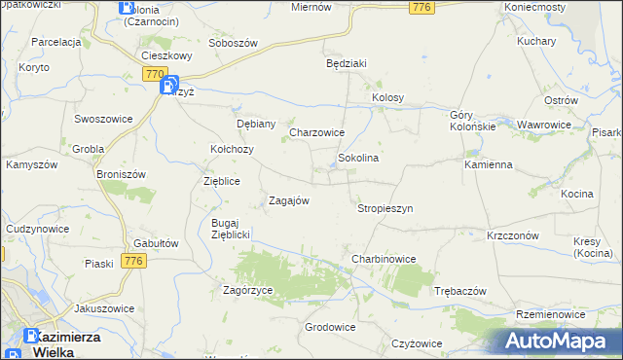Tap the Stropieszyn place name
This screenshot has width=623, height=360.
(x=385, y=208)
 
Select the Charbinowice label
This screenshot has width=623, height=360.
(x=384, y=259)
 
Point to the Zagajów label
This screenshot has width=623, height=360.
(x=288, y=200)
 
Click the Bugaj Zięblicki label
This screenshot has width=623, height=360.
(x=232, y=229)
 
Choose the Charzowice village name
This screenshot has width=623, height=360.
(x=317, y=132)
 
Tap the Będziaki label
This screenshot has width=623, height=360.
(x=346, y=63)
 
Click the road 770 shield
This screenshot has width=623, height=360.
(x=153, y=74)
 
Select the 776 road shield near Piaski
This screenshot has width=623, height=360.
(x=134, y=261)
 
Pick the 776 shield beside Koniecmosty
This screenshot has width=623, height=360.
(x=421, y=8)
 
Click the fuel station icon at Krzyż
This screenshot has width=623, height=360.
(x=169, y=87)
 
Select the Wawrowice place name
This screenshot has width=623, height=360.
(x=543, y=126)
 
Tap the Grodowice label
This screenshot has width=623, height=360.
(x=329, y=327)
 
